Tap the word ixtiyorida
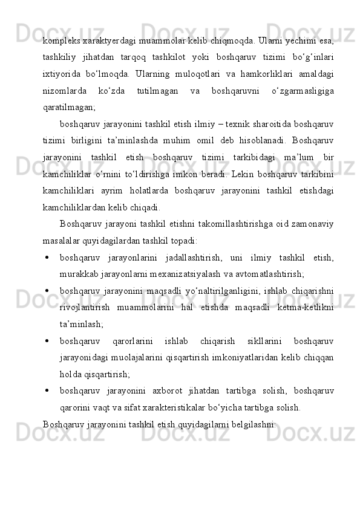pyautogui.click(x=62, y=73)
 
